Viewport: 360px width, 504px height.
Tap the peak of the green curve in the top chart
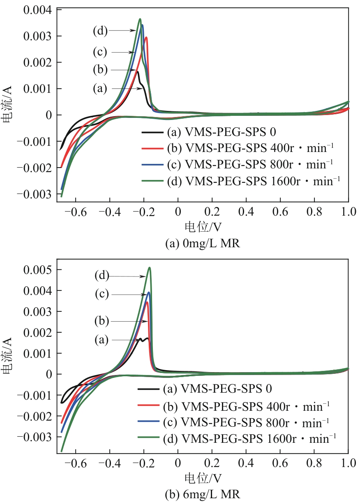pyautogui.click(x=140, y=19)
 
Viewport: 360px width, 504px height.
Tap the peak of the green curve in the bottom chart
pyautogui.click(x=150, y=268)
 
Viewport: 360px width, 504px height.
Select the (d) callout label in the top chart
pyautogui.click(x=100, y=30)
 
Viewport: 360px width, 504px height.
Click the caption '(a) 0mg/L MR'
pyautogui.click(x=202, y=244)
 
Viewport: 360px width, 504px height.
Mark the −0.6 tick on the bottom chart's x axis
pyautogui.click(x=76, y=463)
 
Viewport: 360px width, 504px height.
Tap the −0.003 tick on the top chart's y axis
pyautogui.click(x=38, y=193)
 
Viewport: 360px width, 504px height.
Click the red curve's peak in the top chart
pyautogui.click(x=146, y=37)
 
